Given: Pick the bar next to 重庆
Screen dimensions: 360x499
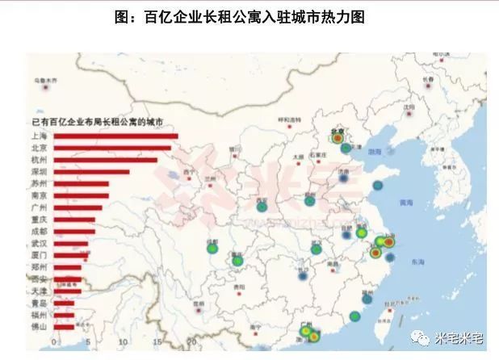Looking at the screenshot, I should pyautogui.click(x=73, y=220).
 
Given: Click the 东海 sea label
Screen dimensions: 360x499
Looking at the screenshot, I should pyautogui.click(x=417, y=262).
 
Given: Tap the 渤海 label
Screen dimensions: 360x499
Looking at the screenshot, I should pyautogui.click(x=374, y=151).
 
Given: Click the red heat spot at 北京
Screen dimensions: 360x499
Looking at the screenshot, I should pyautogui.click(x=338, y=138).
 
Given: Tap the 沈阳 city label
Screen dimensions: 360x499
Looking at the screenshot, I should pyautogui.click(x=409, y=107).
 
